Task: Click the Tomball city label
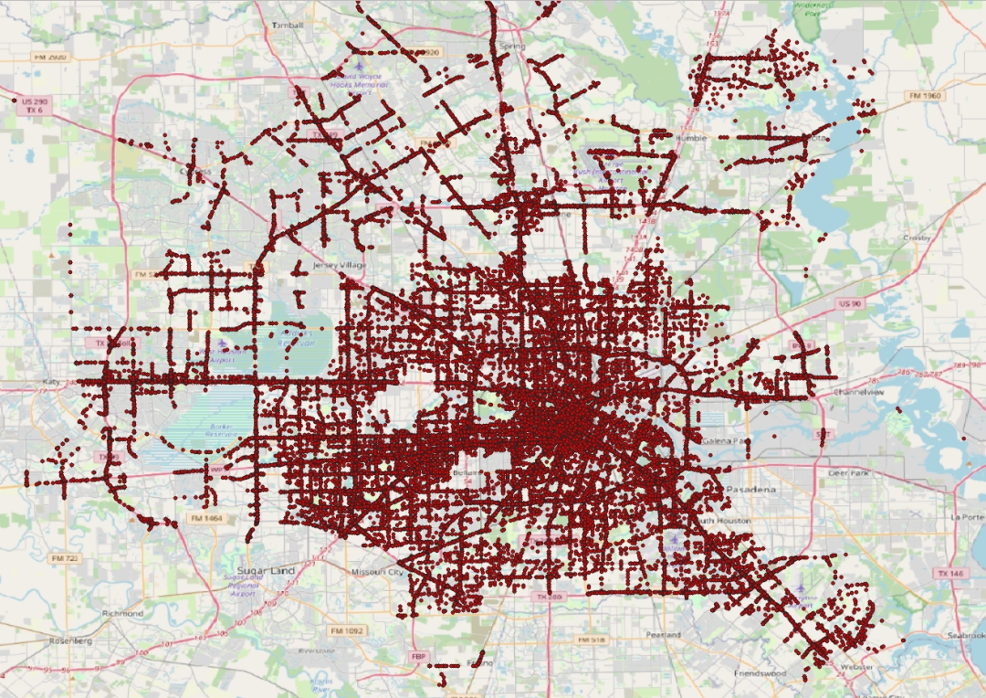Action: (288, 25)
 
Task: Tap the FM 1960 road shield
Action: (925, 96)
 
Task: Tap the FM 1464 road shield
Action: (205, 518)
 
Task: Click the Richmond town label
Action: (122, 613)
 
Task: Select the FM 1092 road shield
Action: (347, 630)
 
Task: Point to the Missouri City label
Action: (377, 572)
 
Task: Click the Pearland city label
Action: (664, 634)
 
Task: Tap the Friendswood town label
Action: (760, 673)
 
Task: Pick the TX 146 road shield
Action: (949, 573)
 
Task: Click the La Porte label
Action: (966, 516)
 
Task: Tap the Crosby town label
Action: (917, 238)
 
